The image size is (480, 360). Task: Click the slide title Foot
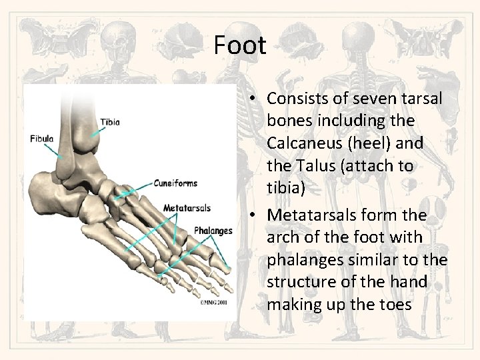pyautogui.click(x=240, y=45)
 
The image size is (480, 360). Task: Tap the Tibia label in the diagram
pyautogui.click(x=111, y=122)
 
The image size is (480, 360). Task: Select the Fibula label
pyautogui.click(x=42, y=139)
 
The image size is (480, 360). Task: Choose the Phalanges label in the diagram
pyautogui.click(x=213, y=231)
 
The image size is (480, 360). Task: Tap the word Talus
pyautogui.click(x=312, y=165)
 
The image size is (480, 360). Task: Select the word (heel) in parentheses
pyautogui.click(x=377, y=143)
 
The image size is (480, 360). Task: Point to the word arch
pyautogui.click(x=282, y=237)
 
